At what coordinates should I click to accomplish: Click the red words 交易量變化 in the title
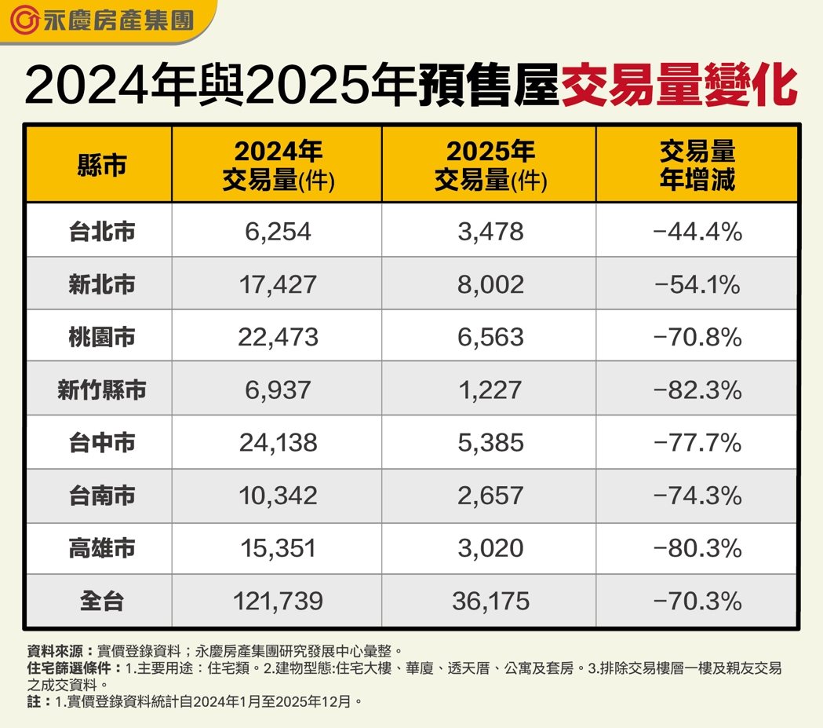(679, 86)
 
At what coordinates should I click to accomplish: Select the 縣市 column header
(101, 166)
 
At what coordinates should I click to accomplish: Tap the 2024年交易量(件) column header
(278, 166)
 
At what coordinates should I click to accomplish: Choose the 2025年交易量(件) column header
(490, 166)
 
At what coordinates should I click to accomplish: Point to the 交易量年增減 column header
(697, 166)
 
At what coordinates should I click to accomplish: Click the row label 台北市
(101, 232)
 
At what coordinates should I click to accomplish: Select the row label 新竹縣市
(101, 390)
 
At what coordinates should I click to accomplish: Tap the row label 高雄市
(101, 548)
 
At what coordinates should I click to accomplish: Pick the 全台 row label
(101, 602)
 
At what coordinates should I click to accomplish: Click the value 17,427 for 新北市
(278, 284)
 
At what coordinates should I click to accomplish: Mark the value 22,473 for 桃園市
(278, 337)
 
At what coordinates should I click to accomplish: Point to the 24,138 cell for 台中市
(278, 443)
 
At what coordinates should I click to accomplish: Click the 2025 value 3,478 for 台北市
(490, 232)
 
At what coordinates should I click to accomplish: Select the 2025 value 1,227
(490, 390)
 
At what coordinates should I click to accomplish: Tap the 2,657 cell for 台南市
(490, 496)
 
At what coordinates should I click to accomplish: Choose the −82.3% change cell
(697, 390)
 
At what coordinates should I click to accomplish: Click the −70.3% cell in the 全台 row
(697, 602)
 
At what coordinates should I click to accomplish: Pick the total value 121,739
(278, 602)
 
